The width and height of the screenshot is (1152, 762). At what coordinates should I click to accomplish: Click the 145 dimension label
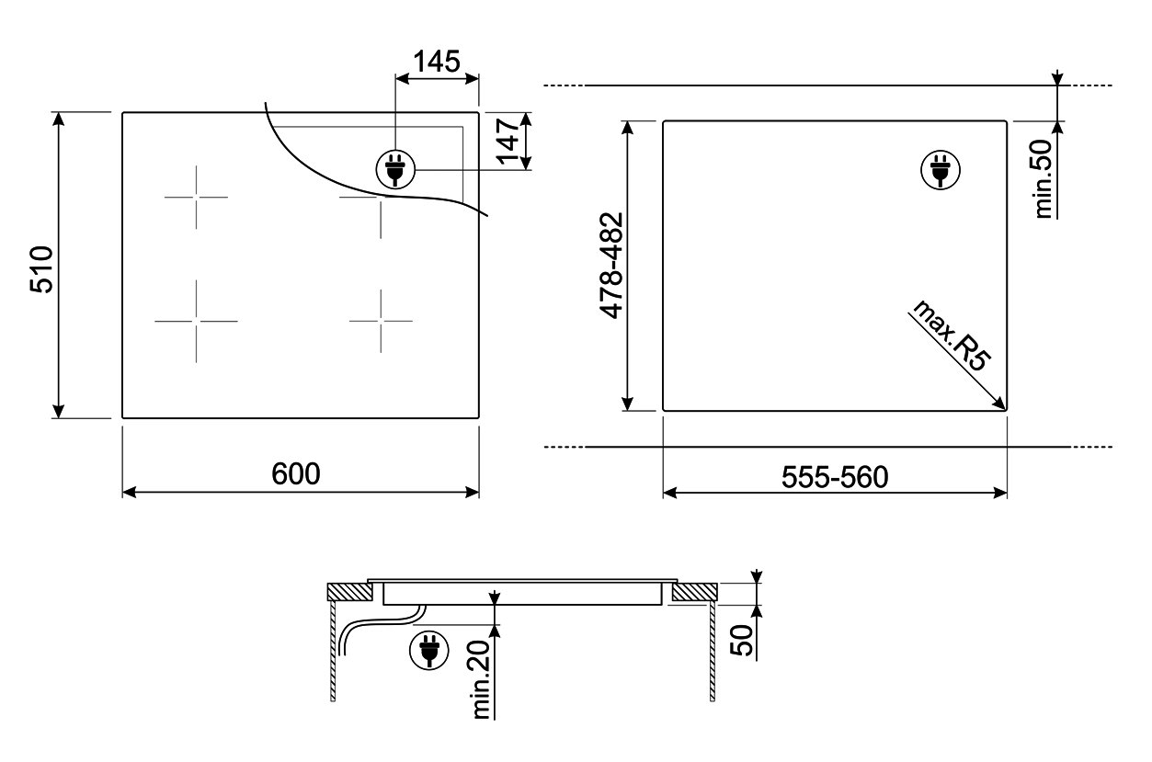pos(437,62)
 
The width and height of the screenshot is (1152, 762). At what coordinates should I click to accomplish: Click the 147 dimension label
pos(509,141)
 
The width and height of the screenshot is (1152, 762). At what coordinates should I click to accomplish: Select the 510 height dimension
pos(41,269)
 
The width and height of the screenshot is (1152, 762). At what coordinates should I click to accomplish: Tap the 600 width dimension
pos(296,473)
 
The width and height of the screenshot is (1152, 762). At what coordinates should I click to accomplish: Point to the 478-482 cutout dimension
pos(611,266)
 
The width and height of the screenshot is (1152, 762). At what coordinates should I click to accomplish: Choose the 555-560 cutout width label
pos(835,477)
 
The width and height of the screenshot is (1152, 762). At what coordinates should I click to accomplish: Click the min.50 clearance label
pos(1043,179)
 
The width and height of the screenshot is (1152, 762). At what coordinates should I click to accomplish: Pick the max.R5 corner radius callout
pos(951,336)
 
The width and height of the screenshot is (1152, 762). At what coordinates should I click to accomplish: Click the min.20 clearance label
pos(481,679)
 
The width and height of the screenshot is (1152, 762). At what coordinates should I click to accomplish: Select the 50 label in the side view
pos(741,640)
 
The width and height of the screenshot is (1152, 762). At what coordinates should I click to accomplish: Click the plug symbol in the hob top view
pos(395,169)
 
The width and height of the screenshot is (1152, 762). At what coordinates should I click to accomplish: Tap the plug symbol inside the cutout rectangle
pos(941,170)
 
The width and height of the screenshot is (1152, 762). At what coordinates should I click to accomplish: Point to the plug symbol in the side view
pos(429,650)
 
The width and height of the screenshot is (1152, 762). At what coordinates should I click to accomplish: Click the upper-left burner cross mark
pos(196,197)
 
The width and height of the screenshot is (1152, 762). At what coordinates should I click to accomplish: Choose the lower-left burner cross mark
pos(196,322)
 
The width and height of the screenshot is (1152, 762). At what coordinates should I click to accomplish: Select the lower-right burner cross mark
pos(381,321)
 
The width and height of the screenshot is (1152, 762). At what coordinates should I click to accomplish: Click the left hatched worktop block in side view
pos(349,592)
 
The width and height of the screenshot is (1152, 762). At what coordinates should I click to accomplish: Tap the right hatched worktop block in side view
pos(694,592)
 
